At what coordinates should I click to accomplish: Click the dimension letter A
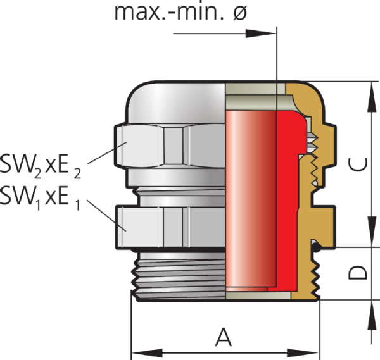pyautogui.click(x=223, y=337)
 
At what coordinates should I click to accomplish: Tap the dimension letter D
pyautogui.click(x=358, y=273)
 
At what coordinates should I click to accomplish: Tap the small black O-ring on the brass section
pyautogui.click(x=315, y=246)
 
